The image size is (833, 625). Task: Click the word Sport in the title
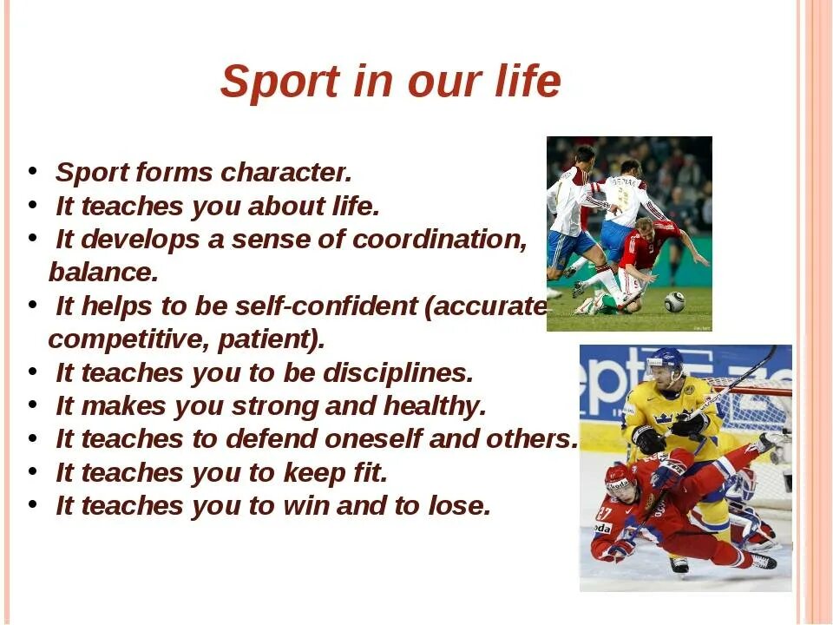(280, 82)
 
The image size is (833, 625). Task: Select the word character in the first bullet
(285, 172)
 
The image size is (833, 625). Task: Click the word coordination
(439, 240)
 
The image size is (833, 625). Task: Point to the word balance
(103, 272)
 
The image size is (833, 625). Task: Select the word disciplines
(397, 373)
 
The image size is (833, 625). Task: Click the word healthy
(435, 406)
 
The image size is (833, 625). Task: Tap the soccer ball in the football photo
(675, 301)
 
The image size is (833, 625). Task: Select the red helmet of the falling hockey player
(619, 475)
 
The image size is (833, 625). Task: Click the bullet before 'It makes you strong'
(33, 405)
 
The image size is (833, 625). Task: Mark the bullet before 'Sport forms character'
(33, 171)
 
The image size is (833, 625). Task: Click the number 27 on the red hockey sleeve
(604, 513)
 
